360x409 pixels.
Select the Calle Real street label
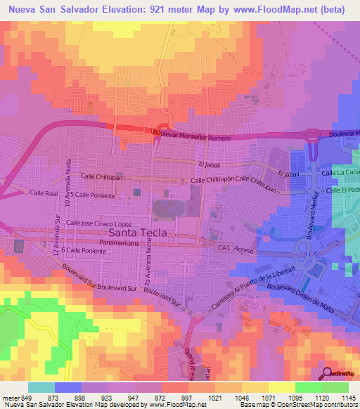[42, 192]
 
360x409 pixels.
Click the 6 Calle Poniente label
[83, 249]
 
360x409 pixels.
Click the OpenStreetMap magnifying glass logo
[328, 372]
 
